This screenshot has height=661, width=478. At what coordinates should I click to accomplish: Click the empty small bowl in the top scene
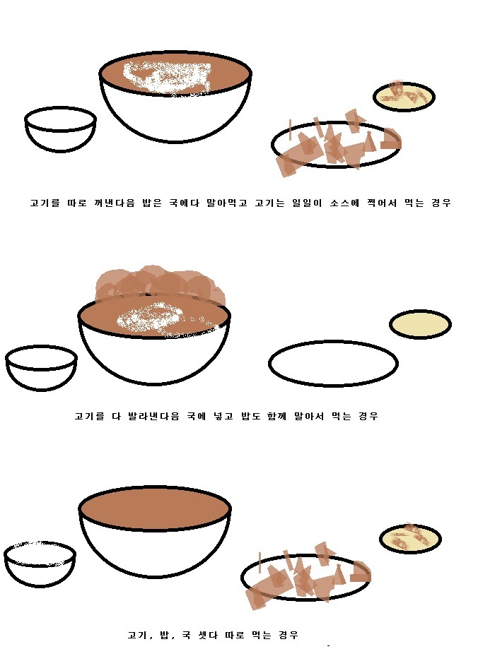[x=60, y=129]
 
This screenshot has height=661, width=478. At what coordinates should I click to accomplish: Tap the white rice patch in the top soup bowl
[x=167, y=78]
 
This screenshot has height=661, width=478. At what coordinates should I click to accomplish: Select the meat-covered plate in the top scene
[x=336, y=145]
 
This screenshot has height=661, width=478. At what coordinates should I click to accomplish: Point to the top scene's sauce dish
[x=404, y=97]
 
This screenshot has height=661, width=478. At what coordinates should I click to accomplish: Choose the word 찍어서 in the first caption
[x=382, y=203]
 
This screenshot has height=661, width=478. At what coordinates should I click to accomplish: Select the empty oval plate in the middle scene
[x=333, y=363]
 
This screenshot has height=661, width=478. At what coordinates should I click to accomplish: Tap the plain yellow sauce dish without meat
[x=420, y=324]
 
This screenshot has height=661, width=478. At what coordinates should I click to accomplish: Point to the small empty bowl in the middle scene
[x=41, y=368]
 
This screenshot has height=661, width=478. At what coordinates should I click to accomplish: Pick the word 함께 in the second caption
[x=276, y=417]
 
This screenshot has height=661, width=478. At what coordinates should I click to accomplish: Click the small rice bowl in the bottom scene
[x=40, y=564]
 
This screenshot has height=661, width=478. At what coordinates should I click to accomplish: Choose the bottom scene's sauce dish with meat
[x=410, y=538]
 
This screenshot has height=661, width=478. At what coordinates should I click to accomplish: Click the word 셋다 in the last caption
[x=208, y=635]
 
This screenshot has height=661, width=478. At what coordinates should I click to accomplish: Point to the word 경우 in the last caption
[x=288, y=635]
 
